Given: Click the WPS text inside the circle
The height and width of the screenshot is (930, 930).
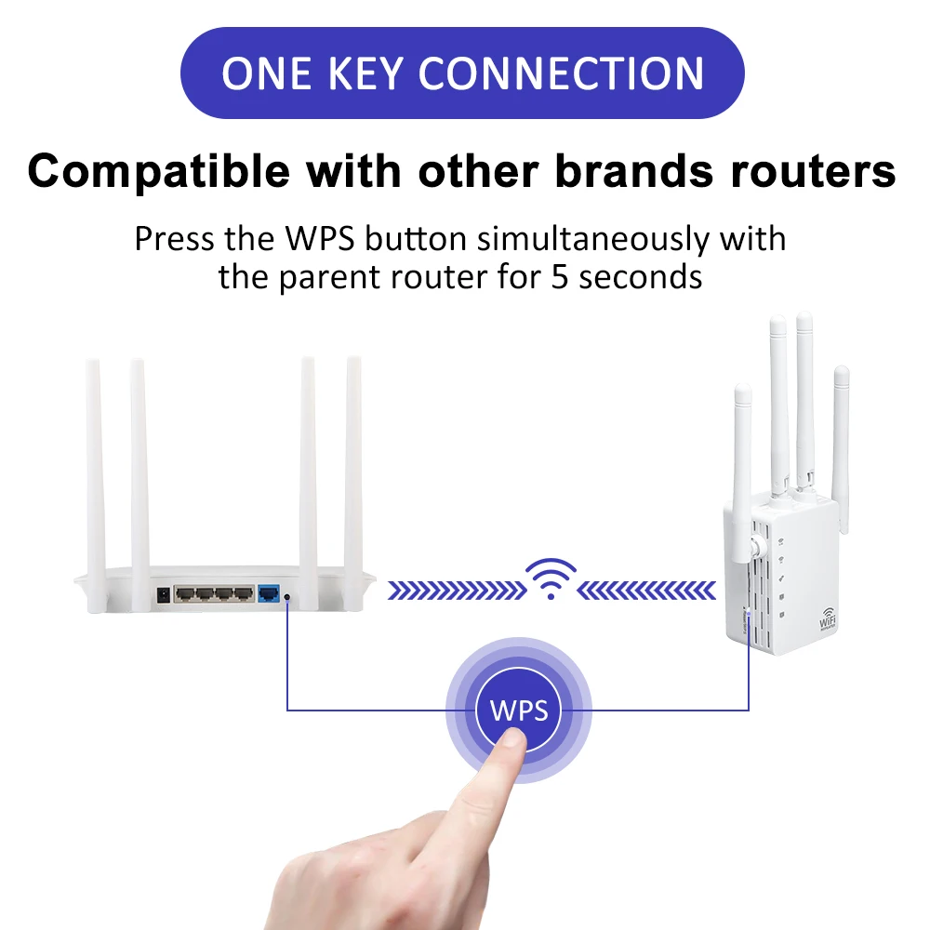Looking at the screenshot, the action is coord(519,711).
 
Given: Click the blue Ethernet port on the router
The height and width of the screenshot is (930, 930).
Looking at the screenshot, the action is coord(272,592).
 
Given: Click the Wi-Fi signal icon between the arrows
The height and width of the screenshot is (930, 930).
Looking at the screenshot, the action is coord(551,578).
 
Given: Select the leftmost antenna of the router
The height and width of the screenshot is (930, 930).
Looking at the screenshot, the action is coord(93,465).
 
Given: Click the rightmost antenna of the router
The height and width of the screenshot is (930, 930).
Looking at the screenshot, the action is coord(353,465).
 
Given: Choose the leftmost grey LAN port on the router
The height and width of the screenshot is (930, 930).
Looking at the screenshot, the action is coord(184,592).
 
